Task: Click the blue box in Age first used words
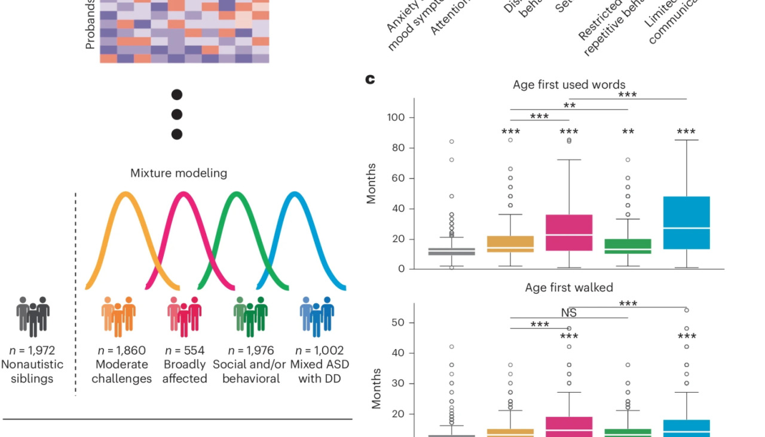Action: [686, 223]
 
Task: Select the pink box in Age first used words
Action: [568, 232]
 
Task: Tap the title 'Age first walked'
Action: [569, 288]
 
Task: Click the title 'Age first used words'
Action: [569, 85]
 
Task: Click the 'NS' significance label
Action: [569, 313]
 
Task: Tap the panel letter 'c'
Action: [371, 79]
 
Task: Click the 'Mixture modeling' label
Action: [179, 174]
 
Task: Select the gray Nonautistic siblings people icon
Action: [33, 316]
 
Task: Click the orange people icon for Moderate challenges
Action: [118, 316]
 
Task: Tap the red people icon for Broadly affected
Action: [184, 316]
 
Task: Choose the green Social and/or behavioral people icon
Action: [250, 316]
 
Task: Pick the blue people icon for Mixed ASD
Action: [316, 316]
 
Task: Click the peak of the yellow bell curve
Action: [125, 194]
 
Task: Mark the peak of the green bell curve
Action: [237, 194]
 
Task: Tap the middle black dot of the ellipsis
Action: [177, 114]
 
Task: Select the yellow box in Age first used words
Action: [510, 244]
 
